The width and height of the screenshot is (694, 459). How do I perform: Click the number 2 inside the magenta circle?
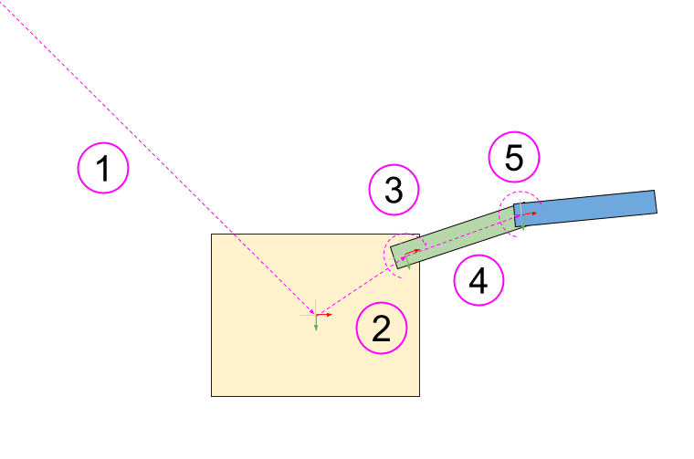tap(382, 329)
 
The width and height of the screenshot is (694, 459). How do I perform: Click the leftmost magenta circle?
tap(103, 168)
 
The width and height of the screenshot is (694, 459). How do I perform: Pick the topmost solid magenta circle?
tap(514, 157)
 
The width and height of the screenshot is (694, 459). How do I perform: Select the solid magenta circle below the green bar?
tap(478, 280)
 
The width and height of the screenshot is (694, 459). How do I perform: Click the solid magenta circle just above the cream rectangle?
tap(394, 190)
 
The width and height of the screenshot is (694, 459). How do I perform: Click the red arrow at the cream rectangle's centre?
tap(326, 315)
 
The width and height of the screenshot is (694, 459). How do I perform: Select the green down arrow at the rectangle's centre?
tap(316, 324)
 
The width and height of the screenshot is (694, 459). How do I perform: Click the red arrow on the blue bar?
tap(531, 214)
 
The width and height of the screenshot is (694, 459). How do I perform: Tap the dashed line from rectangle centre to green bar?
tap(356, 287)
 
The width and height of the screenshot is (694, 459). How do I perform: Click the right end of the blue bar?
tap(655, 202)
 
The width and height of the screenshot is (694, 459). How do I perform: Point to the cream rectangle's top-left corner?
tap(212, 235)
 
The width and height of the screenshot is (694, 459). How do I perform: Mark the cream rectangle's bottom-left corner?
tap(212, 395)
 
